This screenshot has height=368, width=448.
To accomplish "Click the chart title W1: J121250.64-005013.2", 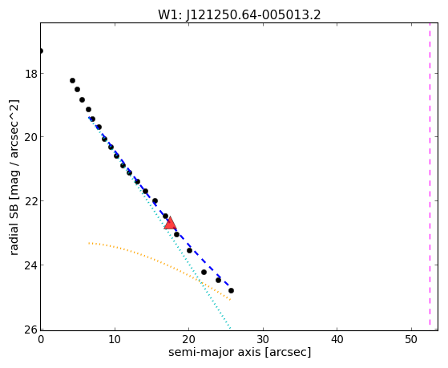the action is click(240, 15).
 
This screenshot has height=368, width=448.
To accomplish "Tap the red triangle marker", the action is click(170, 224).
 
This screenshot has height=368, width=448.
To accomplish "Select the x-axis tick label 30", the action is click(263, 339).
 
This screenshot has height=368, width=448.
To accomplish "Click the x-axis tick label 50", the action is click(411, 339).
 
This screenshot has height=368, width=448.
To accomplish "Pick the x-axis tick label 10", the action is click(115, 339).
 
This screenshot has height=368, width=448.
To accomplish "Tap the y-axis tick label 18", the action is click(31, 74).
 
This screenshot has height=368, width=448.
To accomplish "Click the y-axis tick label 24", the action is click(31, 265).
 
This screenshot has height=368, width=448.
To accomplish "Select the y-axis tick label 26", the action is click(31, 330).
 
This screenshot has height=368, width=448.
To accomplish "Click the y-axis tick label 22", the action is click(31, 201).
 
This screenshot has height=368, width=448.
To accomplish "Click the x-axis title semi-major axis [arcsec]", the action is click(240, 352).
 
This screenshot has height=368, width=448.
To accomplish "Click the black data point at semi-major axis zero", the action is click(41, 51).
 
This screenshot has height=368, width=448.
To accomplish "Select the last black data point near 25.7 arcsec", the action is click(231, 290).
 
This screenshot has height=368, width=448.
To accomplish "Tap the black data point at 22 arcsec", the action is click(204, 272).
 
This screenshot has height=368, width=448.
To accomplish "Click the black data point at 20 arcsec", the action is click(189, 250).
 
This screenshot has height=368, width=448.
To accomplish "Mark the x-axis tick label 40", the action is click(337, 339).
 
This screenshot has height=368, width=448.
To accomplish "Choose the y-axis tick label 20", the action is click(31, 137).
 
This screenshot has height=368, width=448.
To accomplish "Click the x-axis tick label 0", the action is click(41, 339).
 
